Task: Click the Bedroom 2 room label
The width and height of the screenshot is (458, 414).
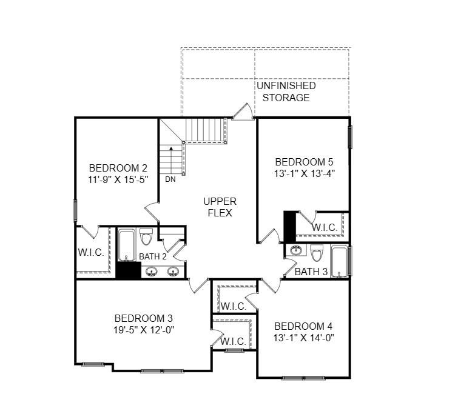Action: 118,168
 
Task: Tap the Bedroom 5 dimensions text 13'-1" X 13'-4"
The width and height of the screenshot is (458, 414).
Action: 304,173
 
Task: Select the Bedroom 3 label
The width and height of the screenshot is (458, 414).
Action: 144,318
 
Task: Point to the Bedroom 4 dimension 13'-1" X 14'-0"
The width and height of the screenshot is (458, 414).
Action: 304,338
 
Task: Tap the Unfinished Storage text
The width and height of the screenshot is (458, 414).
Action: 286,92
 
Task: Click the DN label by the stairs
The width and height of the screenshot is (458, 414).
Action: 170,179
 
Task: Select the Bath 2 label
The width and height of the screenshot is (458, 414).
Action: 153,256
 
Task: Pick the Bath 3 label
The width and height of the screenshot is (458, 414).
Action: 311,272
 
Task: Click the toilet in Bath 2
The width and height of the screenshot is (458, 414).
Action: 146,235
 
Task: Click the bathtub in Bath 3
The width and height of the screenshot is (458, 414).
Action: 338,260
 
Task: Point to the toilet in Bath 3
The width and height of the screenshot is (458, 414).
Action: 317,252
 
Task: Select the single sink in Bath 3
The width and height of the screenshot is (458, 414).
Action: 296,250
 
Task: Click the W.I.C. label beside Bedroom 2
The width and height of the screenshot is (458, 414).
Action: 90,252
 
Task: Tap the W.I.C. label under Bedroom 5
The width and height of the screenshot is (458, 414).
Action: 325,227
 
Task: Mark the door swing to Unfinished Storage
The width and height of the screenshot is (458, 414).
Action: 242,112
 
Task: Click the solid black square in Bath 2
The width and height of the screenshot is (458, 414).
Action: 129,271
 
